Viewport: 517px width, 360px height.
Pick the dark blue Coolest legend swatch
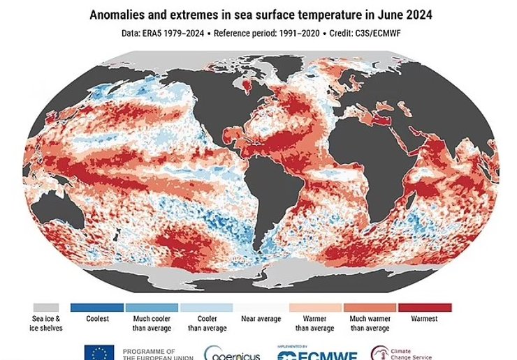pos(97,307)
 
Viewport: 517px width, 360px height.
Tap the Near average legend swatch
pos(260,307)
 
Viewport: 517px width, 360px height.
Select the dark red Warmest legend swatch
pos(424,307)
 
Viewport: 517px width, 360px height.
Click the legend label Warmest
pos(424,320)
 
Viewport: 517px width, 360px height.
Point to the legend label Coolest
pos(97,320)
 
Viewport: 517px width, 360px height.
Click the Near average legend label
pos(260,320)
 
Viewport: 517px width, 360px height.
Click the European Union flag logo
pos(99,353)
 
